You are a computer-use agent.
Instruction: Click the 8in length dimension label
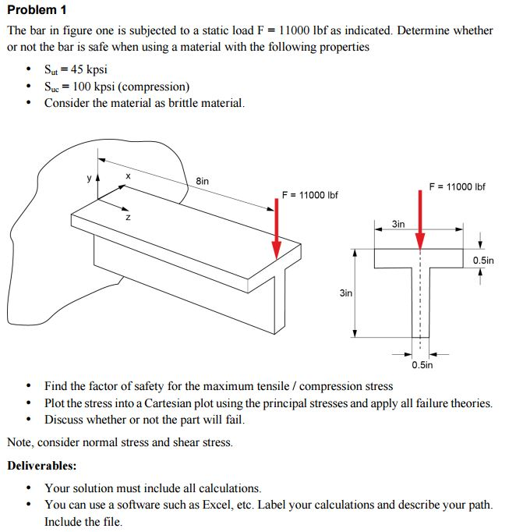[x=202, y=181]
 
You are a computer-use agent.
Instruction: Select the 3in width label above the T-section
[x=398, y=224]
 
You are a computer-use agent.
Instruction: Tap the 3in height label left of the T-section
[x=345, y=293]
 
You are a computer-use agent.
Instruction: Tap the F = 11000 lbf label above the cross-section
[x=457, y=186]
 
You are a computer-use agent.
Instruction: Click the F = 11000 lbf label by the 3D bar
[x=309, y=194]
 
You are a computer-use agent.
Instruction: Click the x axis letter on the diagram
[x=128, y=177]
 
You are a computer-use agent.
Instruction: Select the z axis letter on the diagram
[x=129, y=218]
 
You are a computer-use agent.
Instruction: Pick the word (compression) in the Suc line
[x=155, y=86]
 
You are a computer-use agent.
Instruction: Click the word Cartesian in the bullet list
[x=201, y=403]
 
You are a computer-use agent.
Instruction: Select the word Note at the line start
[x=20, y=442]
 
